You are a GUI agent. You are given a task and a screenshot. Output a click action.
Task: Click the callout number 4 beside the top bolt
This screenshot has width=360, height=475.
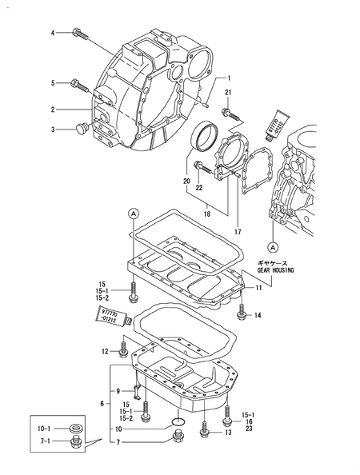point(53,33)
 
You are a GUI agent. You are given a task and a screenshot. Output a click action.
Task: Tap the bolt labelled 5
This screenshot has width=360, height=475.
point(79,86)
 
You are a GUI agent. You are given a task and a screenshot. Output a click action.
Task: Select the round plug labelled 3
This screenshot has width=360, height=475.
point(82,128)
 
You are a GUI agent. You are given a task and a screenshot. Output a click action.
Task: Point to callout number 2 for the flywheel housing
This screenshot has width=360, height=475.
point(53,110)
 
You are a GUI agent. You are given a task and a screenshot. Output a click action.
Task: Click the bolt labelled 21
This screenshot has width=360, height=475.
point(231,114)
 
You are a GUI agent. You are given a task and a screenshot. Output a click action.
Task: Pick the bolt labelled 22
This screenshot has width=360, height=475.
point(202,167)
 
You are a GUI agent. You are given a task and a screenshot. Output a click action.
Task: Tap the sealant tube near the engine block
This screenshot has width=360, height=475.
point(276,124)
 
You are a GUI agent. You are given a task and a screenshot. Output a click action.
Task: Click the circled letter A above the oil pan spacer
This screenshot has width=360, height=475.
point(134,214)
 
